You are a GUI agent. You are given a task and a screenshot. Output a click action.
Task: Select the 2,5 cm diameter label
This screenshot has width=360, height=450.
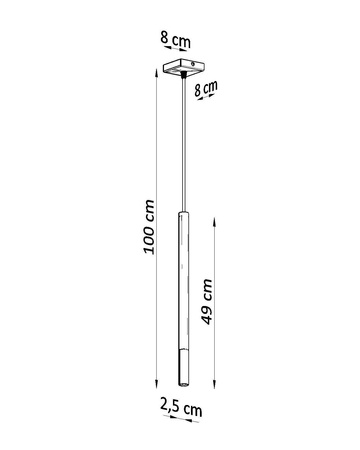point(181,410)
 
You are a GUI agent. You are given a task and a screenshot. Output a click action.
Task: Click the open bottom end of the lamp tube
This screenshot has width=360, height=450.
point(181,386)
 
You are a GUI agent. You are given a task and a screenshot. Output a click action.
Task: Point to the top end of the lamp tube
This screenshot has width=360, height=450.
point(181,214)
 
